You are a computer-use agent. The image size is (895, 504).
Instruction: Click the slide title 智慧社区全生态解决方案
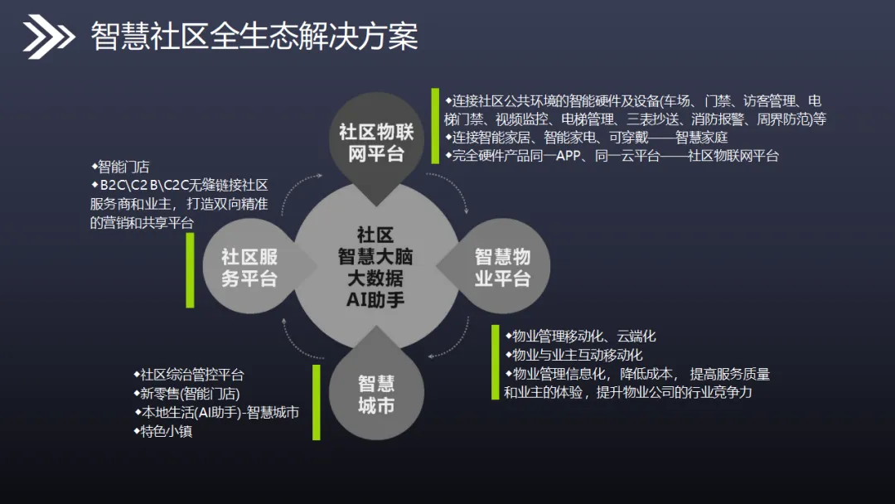coord(254,36)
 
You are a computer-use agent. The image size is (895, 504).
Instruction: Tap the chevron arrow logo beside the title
coord(48,36)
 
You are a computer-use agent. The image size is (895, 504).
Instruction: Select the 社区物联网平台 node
coord(376,143)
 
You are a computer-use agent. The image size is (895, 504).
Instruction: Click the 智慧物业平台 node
coord(502,267)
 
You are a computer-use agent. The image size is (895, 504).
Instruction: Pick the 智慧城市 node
coord(376,394)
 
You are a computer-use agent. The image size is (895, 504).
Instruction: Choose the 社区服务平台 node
coord(249,267)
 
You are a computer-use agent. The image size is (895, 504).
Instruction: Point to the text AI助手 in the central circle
coord(375,299)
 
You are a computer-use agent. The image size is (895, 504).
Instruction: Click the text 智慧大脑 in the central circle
coord(375,256)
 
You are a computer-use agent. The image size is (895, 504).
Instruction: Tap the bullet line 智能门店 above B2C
coord(123,167)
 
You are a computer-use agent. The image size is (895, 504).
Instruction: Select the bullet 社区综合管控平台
coord(191,375)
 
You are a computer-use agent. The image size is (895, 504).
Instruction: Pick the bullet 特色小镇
coord(166,431)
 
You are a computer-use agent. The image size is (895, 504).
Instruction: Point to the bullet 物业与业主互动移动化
coord(577,355)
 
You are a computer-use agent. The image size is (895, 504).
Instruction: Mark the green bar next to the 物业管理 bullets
coord(496,362)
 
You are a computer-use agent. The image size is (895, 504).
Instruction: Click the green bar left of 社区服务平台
coord(190,269)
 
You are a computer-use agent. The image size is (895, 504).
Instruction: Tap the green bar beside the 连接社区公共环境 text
coord(435,126)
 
